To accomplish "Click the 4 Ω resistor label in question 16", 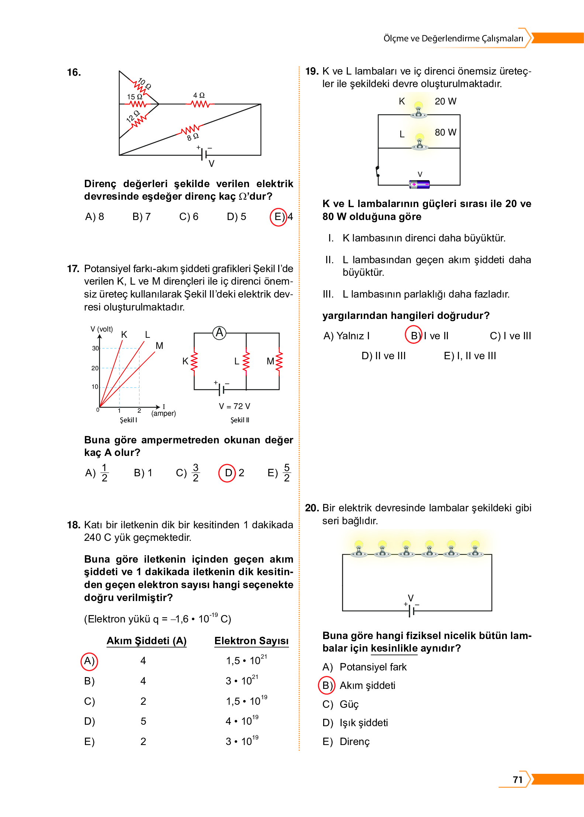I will pos(199,96).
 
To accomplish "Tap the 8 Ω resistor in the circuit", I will pos(190,130).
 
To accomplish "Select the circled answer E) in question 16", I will pos(279,217).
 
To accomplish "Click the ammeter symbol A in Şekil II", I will pos(220,333).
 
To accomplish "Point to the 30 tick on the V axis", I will pos(95,348).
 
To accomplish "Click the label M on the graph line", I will pos(159,346).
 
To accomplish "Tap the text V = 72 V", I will pos(235,406).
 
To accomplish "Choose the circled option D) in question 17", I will pos(228,473).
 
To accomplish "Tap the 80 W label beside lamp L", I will pos(445,132).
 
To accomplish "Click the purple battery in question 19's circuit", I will pos(420,184).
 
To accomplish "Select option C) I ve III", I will pos(510,336).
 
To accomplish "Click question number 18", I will pos(73,525).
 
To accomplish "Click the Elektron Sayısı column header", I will pos(251,641).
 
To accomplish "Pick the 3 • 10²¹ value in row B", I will pos(242,680).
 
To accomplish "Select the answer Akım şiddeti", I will pos(367,686).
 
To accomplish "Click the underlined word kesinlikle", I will pos(394,648).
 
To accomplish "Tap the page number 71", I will pos(518,780).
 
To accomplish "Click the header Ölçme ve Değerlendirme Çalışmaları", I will pos(453,38).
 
